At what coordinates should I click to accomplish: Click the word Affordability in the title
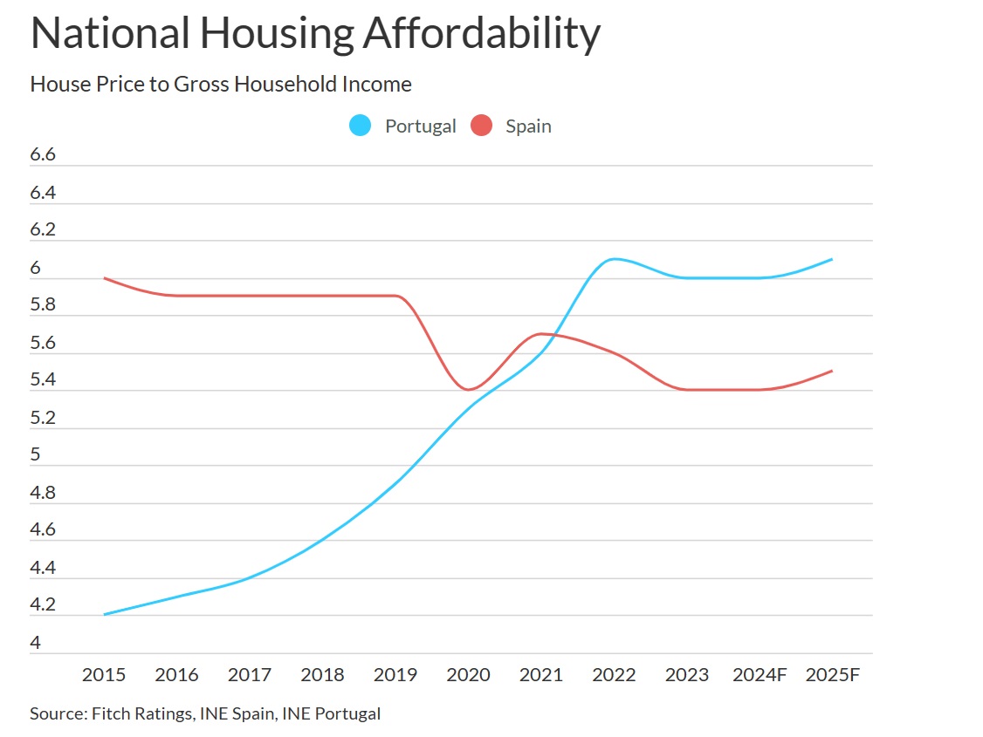[x=481, y=33]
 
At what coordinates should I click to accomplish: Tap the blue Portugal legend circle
[x=360, y=126]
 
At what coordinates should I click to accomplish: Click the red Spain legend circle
[x=481, y=126]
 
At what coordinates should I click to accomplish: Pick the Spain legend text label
[x=528, y=126]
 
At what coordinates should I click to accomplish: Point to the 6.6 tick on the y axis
[x=43, y=155]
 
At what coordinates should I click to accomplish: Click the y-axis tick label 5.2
[x=43, y=418]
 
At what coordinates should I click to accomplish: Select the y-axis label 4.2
[x=43, y=605]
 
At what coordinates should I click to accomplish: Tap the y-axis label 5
[x=36, y=455]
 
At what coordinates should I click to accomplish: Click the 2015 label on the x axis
[x=103, y=675]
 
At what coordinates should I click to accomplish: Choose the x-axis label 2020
[x=468, y=675]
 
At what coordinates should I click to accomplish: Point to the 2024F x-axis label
[x=760, y=675]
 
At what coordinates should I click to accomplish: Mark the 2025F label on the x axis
[x=833, y=675]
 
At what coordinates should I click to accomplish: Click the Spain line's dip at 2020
[x=468, y=390]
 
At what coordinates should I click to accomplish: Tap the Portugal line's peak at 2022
[x=614, y=259]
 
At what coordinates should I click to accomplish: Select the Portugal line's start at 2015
[x=104, y=615]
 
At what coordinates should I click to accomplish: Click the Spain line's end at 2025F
[x=832, y=371]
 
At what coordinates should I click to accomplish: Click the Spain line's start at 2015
[x=104, y=278]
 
